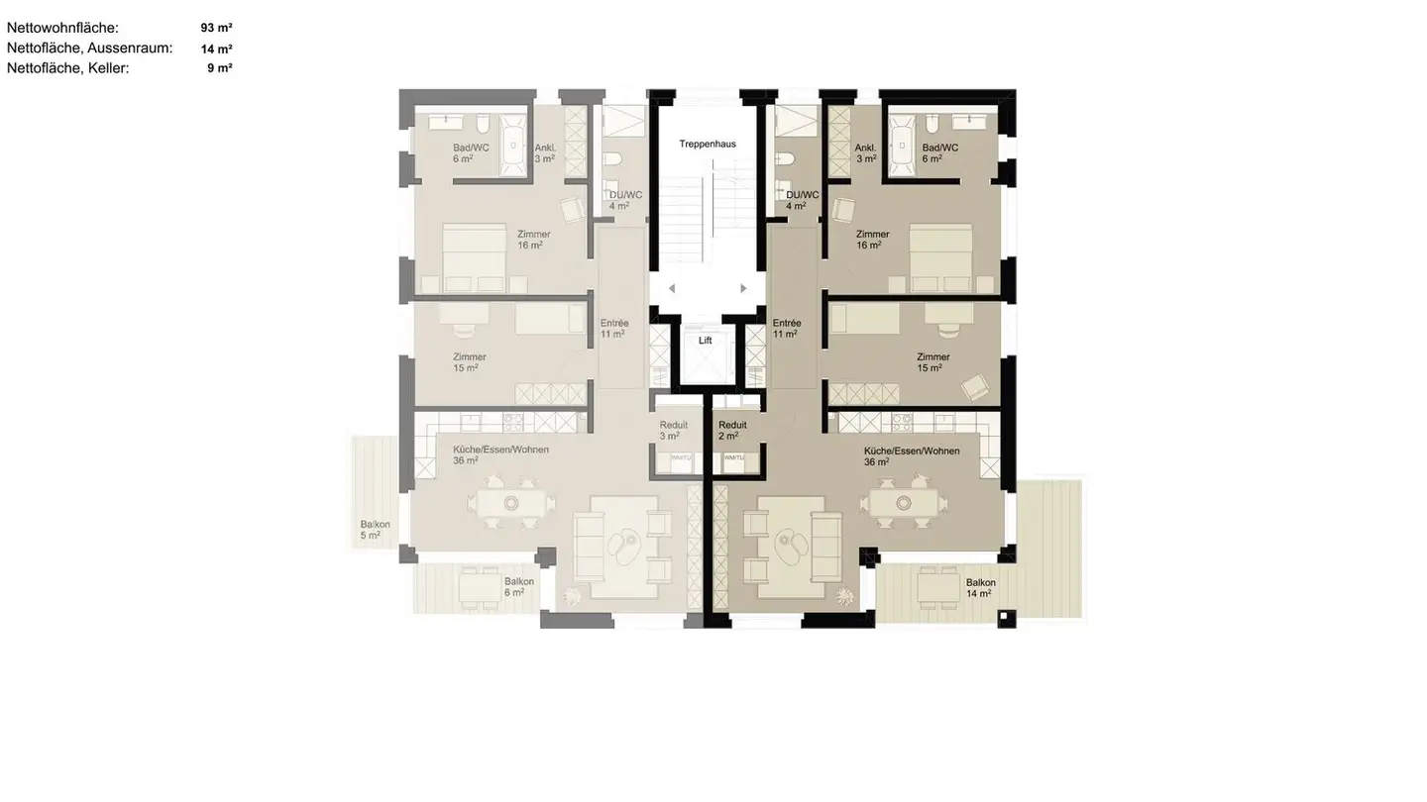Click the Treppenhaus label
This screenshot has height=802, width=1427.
[x=707, y=144]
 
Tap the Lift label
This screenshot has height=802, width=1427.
[x=706, y=340]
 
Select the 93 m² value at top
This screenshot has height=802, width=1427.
[x=216, y=28]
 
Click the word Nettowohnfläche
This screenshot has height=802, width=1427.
[x=62, y=28]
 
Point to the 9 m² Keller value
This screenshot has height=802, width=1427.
[x=219, y=68]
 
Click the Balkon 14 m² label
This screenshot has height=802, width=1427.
[x=980, y=588]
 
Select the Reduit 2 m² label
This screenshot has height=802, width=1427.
[x=732, y=430]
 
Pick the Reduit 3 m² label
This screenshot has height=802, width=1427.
[x=673, y=430]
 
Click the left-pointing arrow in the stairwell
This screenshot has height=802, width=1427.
[x=672, y=288]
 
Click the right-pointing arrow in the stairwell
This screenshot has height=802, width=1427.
[x=743, y=288]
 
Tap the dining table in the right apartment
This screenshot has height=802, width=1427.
[x=904, y=503]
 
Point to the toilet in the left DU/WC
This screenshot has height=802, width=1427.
[x=612, y=159]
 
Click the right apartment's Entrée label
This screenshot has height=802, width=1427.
[x=786, y=329]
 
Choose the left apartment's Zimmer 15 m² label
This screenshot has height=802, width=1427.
[x=469, y=362]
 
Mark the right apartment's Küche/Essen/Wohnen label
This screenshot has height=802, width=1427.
[x=911, y=456]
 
